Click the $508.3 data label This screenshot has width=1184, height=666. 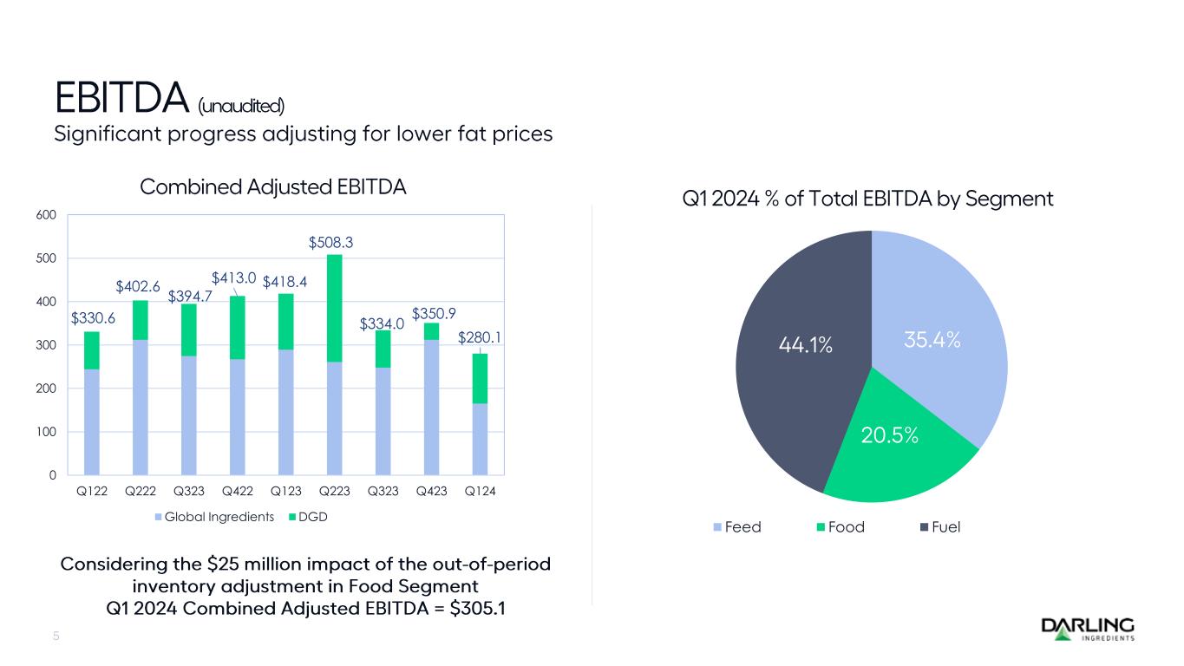(x=334, y=245)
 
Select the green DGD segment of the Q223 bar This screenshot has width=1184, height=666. (x=334, y=308)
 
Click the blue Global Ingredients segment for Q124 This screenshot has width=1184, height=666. (x=480, y=439)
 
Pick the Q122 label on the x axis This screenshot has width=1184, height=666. (x=91, y=491)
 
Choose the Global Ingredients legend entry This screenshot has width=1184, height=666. (x=214, y=518)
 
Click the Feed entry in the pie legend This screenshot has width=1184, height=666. (x=737, y=527)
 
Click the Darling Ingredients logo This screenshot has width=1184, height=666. (x=1087, y=629)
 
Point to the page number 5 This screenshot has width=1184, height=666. (x=56, y=637)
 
